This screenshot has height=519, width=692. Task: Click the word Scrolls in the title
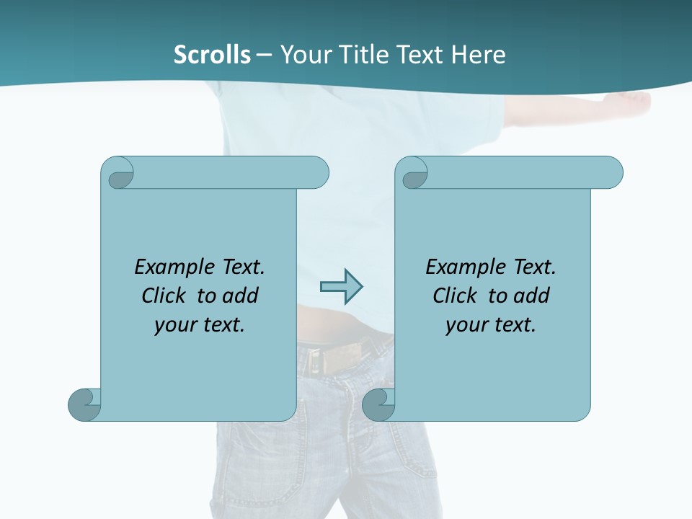[212, 55]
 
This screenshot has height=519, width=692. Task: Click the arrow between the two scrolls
[341, 286]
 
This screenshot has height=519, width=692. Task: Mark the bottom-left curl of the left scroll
[84, 404]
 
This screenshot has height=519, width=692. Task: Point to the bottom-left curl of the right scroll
[378, 404]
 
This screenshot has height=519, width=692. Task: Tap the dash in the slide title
[264, 56]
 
